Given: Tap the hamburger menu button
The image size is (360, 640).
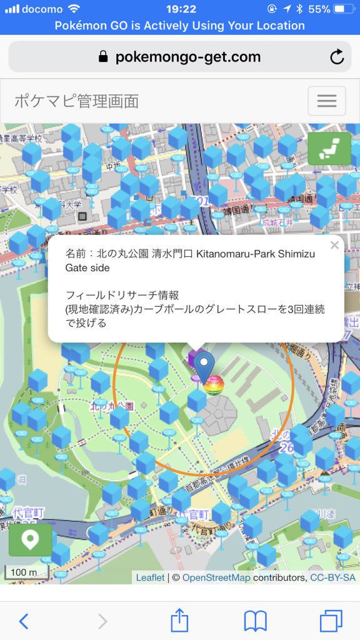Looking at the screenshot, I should [x=326, y=101].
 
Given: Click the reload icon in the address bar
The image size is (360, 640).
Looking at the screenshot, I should [x=337, y=57].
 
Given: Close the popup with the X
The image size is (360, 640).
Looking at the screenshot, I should [x=334, y=246].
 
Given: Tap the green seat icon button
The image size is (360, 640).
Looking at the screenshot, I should [x=329, y=148].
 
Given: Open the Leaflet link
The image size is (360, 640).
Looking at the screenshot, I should [x=150, y=577].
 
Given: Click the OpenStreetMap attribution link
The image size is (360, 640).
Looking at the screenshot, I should [x=216, y=577].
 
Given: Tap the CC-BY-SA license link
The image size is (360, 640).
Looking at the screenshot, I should [x=332, y=577].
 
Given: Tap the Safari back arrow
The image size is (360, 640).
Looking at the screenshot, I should [x=24, y=621].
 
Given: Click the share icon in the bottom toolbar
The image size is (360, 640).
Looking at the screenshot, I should [x=179, y=621].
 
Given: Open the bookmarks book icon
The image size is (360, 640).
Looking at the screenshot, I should [x=255, y=621].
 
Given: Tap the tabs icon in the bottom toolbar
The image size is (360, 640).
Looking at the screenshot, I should [x=331, y=621].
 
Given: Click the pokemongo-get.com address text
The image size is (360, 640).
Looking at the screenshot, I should [x=187, y=57].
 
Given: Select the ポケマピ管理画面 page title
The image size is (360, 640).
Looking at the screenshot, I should [x=76, y=101].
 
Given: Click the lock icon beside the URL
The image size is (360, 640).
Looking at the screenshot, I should [x=104, y=57].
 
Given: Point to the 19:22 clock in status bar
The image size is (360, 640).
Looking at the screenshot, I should [x=181, y=9].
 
